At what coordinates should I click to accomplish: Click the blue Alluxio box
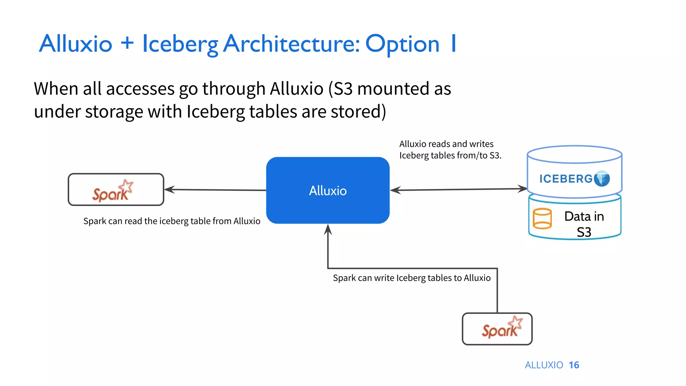[328, 190]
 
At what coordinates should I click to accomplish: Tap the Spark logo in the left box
[113, 191]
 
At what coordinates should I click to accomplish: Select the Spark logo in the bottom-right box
[502, 327]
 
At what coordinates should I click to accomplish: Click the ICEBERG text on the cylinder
[566, 179]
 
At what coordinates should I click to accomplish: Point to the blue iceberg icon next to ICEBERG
[602, 179]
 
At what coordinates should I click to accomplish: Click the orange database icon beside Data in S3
[542, 218]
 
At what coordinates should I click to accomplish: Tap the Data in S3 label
[584, 224]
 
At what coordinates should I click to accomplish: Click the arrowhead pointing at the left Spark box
[169, 190]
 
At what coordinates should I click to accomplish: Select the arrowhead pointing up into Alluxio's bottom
[328, 230]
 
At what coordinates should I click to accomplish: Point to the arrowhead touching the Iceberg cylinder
[522, 189]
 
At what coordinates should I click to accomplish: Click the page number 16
[574, 365]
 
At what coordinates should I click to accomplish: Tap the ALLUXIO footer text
[544, 365]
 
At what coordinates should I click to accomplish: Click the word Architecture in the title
[291, 44]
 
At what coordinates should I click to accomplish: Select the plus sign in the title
[127, 43]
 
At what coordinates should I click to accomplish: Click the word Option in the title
[402, 45]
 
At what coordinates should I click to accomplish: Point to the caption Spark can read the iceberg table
[171, 221]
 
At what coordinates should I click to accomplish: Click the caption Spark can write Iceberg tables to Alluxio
[412, 278]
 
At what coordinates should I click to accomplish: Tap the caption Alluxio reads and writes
[447, 144]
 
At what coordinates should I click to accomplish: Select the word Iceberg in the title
[180, 45]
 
